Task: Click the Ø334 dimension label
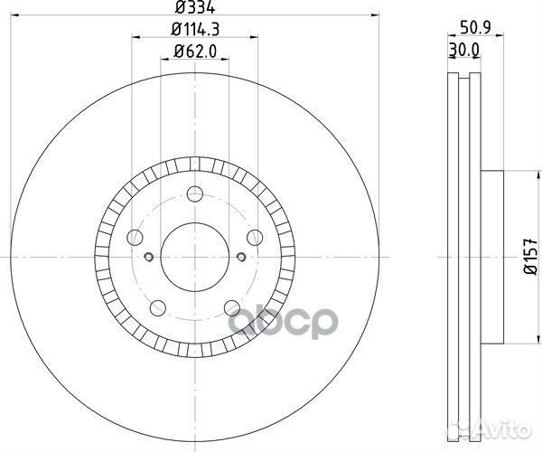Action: click(x=195, y=7)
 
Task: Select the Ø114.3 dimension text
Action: click(x=195, y=30)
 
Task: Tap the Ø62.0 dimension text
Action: click(x=195, y=52)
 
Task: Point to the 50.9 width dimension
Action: click(x=475, y=27)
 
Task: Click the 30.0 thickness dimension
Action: click(x=463, y=50)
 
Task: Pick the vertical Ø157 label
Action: click(x=531, y=257)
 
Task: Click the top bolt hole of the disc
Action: click(x=195, y=193)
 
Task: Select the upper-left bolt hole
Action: click(x=135, y=237)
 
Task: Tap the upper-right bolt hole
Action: click(x=255, y=237)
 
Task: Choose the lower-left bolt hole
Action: click(x=158, y=307)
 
